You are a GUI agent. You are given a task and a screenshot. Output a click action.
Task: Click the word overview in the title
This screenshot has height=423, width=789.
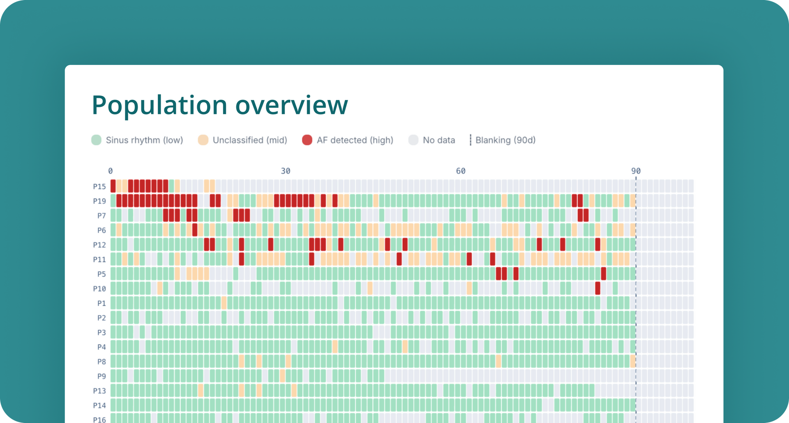(x=291, y=105)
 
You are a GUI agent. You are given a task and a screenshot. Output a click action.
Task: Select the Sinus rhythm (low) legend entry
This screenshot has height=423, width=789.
(x=144, y=140)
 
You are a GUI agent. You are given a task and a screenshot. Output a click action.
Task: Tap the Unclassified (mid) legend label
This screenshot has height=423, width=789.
(x=249, y=140)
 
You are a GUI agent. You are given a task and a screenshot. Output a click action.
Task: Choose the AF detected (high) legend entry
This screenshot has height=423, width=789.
(x=355, y=140)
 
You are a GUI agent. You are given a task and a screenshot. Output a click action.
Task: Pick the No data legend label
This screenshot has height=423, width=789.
(x=439, y=140)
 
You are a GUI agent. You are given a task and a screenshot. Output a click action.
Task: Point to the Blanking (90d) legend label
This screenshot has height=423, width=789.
(x=505, y=140)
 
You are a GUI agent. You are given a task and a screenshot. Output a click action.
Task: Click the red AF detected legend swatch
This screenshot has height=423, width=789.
(x=307, y=140)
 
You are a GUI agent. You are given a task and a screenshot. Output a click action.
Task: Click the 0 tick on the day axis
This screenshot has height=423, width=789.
(x=110, y=171)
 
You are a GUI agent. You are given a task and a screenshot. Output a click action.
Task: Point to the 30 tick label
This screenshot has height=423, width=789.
(x=286, y=171)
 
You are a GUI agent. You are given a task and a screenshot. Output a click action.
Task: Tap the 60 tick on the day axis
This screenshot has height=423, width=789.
(x=461, y=171)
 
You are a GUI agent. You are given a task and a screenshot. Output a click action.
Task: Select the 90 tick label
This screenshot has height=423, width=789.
(x=636, y=171)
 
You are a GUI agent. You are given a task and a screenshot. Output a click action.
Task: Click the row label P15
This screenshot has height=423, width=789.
(x=99, y=187)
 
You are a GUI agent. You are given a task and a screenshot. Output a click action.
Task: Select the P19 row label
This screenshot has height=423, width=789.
(x=99, y=201)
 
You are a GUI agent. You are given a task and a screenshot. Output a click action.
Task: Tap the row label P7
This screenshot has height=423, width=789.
(x=102, y=216)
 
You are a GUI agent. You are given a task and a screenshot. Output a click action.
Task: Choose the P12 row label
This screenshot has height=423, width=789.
(x=99, y=245)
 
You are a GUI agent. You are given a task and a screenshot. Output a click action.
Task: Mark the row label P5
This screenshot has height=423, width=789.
(x=102, y=274)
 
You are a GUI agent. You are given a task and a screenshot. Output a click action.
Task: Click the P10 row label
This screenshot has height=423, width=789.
(x=99, y=289)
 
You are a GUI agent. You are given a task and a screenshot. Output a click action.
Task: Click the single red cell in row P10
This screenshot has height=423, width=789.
(x=598, y=288)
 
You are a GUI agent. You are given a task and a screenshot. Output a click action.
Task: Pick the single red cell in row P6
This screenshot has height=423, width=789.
(x=195, y=230)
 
